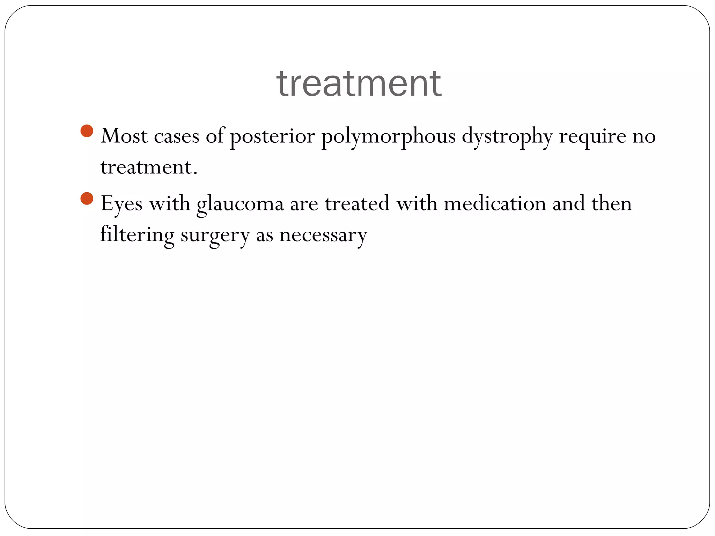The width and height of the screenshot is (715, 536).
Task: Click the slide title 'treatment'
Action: (359, 84)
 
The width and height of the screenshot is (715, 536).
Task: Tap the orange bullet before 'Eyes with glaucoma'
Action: (87, 199)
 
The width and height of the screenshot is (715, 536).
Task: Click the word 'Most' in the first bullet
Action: (124, 136)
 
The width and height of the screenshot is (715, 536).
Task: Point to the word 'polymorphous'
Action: (388, 136)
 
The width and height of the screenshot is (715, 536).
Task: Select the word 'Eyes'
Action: (121, 204)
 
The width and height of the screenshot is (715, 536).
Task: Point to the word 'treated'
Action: (357, 203)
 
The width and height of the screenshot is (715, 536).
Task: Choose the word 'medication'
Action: (495, 203)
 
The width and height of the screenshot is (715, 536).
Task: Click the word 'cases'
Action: (177, 136)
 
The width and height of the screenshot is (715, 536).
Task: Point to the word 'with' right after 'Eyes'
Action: (170, 203)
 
